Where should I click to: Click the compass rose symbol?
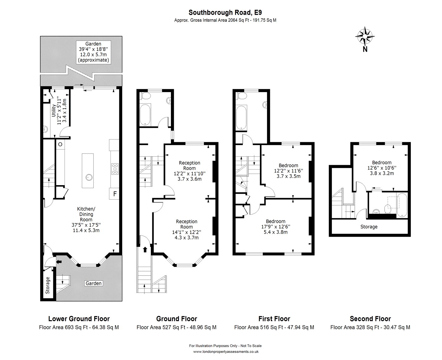(365, 37)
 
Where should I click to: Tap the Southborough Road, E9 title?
(225, 12)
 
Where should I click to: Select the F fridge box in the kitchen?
(115, 194)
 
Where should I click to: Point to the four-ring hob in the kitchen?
(115, 169)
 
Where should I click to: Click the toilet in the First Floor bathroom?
(242, 97)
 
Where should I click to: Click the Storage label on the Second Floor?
(369, 227)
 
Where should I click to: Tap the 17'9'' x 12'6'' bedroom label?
(276, 227)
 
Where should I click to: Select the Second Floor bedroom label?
(382, 168)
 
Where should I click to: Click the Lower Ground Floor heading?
(79, 318)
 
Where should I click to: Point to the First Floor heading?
(274, 318)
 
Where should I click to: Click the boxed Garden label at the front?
(94, 283)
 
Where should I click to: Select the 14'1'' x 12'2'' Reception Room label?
(187, 229)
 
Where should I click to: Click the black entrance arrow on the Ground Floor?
(145, 250)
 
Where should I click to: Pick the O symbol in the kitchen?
(60, 144)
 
